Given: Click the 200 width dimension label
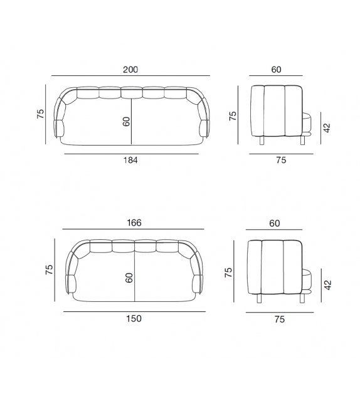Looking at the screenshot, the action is (130, 70).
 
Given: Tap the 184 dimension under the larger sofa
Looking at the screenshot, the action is (130, 160).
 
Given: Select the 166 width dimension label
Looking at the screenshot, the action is (134, 223).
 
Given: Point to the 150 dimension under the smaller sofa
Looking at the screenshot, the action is (134, 319).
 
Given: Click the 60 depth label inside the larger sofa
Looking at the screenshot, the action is (126, 122).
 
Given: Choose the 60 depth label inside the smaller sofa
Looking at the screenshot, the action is (129, 278).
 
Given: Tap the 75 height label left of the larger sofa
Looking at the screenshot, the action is (41, 114).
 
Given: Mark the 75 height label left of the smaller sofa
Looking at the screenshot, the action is (49, 270).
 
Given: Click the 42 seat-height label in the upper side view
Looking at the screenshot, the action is (327, 127).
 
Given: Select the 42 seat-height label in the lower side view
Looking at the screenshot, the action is (328, 285).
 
